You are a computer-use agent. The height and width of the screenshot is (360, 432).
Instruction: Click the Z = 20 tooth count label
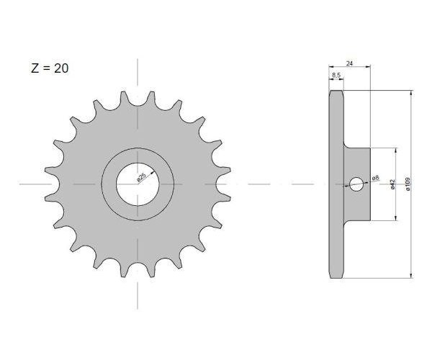pyautogui.click(x=50, y=68)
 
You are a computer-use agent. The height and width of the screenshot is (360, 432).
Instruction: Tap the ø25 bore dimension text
pyautogui.click(x=141, y=178)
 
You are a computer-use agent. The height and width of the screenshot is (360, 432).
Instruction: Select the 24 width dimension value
pyautogui.click(x=349, y=63)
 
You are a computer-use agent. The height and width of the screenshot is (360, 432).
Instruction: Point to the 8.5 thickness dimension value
pyautogui.click(x=336, y=75)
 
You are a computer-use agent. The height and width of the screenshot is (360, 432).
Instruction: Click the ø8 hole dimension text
pyautogui.click(x=376, y=178)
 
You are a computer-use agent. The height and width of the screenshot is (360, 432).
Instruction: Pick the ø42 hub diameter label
pyautogui.click(x=392, y=184)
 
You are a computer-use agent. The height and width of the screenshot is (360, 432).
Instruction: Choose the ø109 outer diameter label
pyautogui.click(x=408, y=184)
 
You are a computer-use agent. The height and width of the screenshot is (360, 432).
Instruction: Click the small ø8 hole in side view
pyautogui.click(x=356, y=184)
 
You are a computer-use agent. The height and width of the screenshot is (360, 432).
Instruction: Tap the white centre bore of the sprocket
pyautogui.click(x=138, y=184)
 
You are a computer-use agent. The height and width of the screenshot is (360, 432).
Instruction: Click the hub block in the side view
pyautogui.click(x=357, y=184)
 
